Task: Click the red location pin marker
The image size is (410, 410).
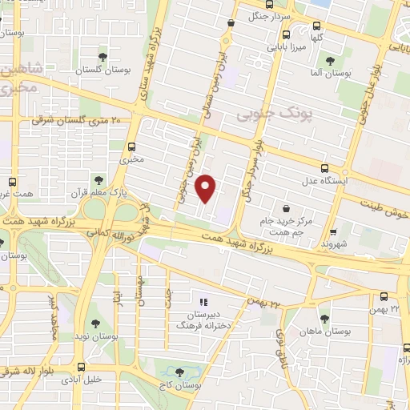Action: click(x=207, y=188)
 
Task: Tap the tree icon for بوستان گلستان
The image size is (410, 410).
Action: click(x=102, y=56)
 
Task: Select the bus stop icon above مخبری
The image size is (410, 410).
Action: click(x=132, y=147)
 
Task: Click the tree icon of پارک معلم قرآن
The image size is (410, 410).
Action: click(x=98, y=180)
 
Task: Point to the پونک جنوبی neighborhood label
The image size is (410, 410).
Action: click(x=267, y=115)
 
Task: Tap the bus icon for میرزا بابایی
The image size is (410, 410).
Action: click(x=286, y=34)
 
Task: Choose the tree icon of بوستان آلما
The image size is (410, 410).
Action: click(x=330, y=61)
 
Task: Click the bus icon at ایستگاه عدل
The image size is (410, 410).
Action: click(x=324, y=168)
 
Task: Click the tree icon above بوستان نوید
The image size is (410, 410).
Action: click(x=95, y=324)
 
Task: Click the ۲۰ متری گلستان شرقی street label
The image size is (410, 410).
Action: click(x=77, y=120)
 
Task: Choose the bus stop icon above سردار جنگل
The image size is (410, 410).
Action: click(x=232, y=23)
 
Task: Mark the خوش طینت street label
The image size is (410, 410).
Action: click(x=384, y=208)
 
